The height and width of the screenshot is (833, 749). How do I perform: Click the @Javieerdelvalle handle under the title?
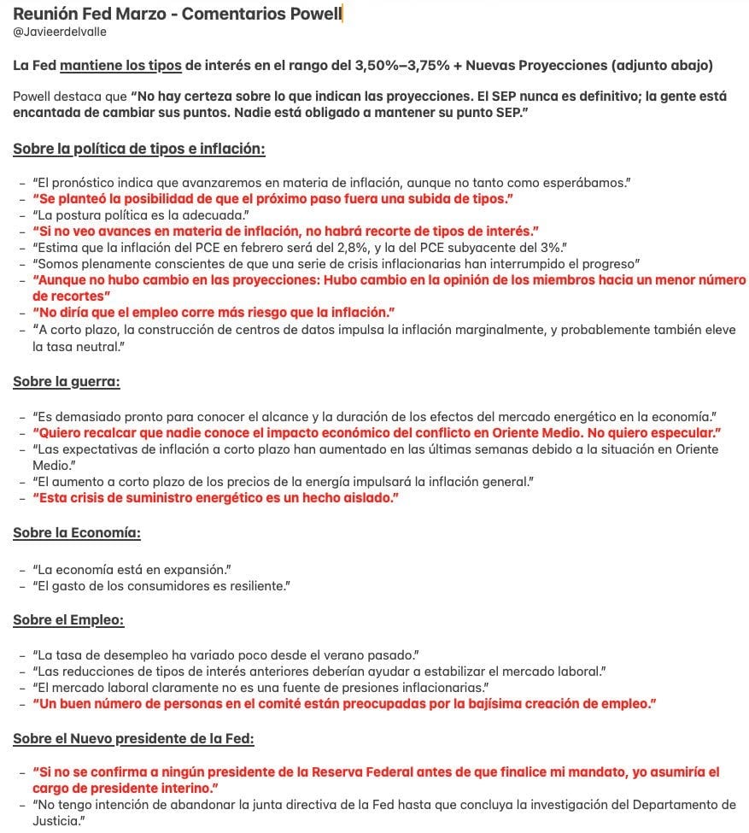pos(60,32)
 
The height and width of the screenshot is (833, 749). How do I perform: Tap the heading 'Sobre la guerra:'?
pos(66,382)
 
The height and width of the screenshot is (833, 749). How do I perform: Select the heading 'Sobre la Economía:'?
pos(77,533)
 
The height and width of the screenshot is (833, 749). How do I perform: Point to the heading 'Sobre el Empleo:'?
pos(68,620)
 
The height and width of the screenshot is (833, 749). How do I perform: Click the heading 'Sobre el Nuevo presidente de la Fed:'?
pos(133,738)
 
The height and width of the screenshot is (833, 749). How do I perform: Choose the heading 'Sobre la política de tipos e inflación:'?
pos(139,149)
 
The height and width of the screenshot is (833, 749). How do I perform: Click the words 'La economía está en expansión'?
pos(132,569)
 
